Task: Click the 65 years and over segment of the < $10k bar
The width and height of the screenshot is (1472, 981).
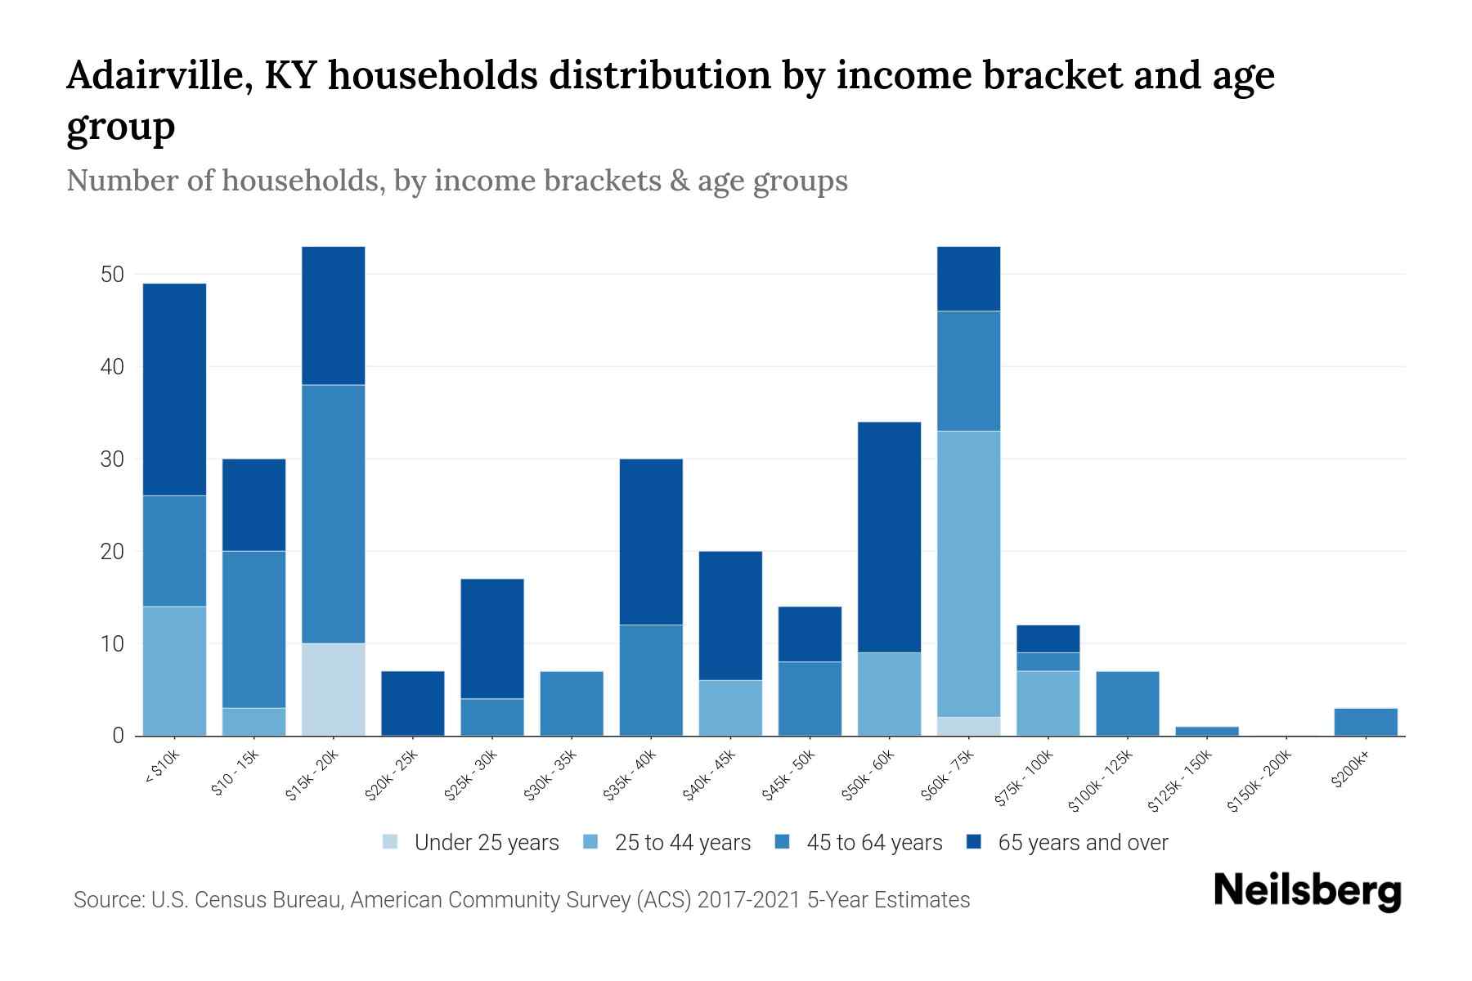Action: pyautogui.click(x=174, y=389)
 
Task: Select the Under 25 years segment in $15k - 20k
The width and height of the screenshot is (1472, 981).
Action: pyautogui.click(x=333, y=689)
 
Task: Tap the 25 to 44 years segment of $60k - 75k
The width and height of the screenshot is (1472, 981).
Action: pyautogui.click(x=968, y=573)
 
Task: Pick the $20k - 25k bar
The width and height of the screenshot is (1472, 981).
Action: pyautogui.click(x=412, y=703)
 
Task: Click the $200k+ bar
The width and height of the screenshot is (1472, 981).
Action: pyautogui.click(x=1365, y=722)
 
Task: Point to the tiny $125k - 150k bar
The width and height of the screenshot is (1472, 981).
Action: pyautogui.click(x=1206, y=731)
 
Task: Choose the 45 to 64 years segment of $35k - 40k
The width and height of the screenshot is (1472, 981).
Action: pyautogui.click(x=651, y=679)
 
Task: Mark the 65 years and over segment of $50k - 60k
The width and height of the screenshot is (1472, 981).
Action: pyautogui.click(x=889, y=536)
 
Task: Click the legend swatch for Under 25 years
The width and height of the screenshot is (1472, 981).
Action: pyautogui.click(x=391, y=842)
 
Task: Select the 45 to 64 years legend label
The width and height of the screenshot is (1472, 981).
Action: pyautogui.click(x=873, y=843)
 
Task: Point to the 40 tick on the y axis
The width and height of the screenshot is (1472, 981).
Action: pyautogui.click(x=112, y=367)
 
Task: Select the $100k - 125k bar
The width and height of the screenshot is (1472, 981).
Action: pyautogui.click(x=1127, y=703)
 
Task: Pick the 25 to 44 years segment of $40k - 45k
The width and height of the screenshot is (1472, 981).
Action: pyautogui.click(x=730, y=708)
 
